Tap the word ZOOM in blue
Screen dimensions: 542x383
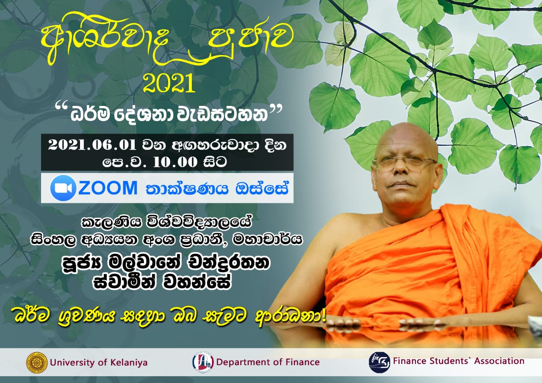pos(108,188)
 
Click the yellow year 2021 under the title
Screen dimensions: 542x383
pos(169,83)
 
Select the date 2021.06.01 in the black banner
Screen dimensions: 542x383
pos(92,145)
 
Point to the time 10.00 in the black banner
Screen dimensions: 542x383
pos(175,162)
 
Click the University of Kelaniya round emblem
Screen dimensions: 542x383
pos(37,362)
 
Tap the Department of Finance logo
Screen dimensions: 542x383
pos(203,362)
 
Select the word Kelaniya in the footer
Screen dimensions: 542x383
pos(129,363)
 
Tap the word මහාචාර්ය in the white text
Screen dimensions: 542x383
pos(267,240)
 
